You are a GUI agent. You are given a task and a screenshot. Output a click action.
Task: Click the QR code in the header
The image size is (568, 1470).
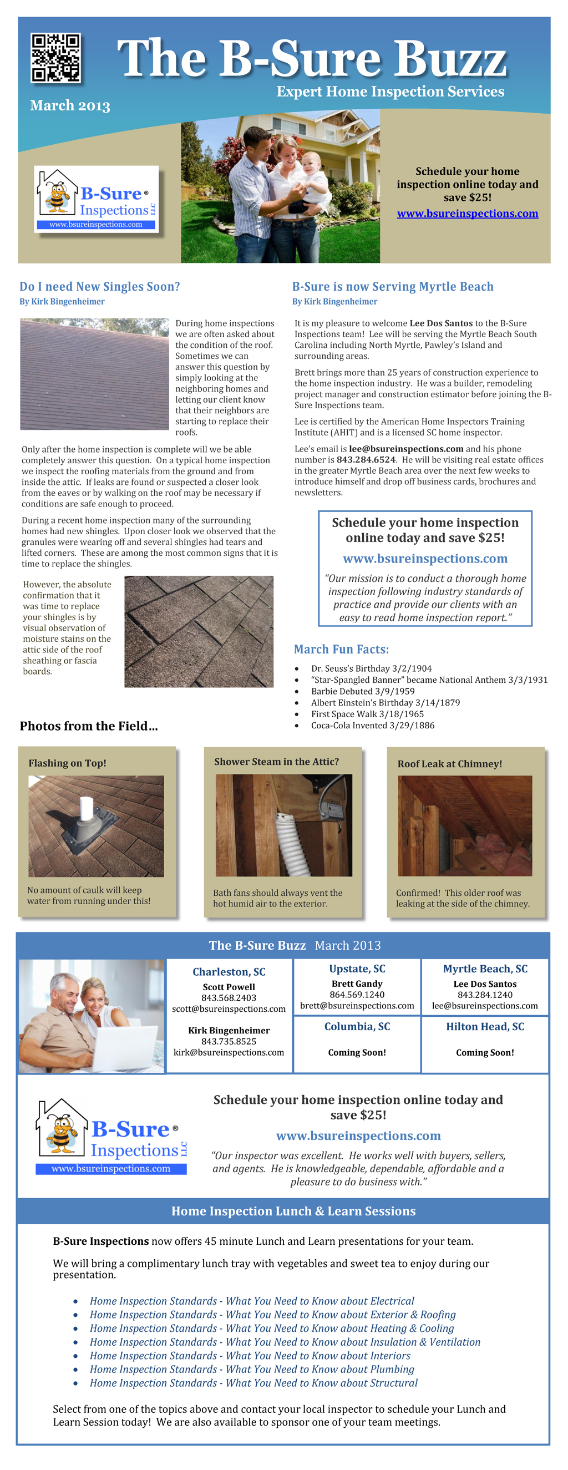pos(55,58)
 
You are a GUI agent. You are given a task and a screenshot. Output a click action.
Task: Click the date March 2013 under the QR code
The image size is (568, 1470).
pos(70,105)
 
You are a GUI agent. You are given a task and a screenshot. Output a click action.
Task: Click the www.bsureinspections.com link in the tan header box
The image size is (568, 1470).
pos(467,214)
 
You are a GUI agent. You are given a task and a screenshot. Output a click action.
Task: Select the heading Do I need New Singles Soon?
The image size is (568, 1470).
pos(100,286)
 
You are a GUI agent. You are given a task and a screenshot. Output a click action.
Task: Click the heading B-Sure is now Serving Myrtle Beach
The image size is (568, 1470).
pos(392,286)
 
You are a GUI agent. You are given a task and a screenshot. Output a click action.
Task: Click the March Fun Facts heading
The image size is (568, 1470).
pos(341,649)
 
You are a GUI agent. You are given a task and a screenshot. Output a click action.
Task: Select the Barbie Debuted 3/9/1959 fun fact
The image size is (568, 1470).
pos(363,691)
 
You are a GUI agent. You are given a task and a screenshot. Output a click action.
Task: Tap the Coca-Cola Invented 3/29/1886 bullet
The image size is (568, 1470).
pos(372,726)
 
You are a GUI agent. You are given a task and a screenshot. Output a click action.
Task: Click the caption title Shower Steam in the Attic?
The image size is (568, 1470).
pos(276,761)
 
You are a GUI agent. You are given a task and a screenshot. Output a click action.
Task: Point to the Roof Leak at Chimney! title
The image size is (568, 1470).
pos(449,763)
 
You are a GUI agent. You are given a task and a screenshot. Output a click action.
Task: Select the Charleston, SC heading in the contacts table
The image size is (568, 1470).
pos(229,971)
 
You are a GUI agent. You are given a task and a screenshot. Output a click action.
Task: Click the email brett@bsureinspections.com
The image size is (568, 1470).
pos(357,1006)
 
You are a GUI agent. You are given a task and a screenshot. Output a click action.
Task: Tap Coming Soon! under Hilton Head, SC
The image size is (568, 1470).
pos(485,1052)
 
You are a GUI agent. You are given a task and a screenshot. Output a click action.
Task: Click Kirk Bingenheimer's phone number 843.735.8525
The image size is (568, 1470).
pos(229,1041)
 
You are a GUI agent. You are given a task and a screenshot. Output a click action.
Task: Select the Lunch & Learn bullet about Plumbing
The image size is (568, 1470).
pos(252,1369)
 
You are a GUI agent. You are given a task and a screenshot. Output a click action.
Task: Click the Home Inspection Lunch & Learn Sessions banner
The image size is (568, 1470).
pos(293,1211)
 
